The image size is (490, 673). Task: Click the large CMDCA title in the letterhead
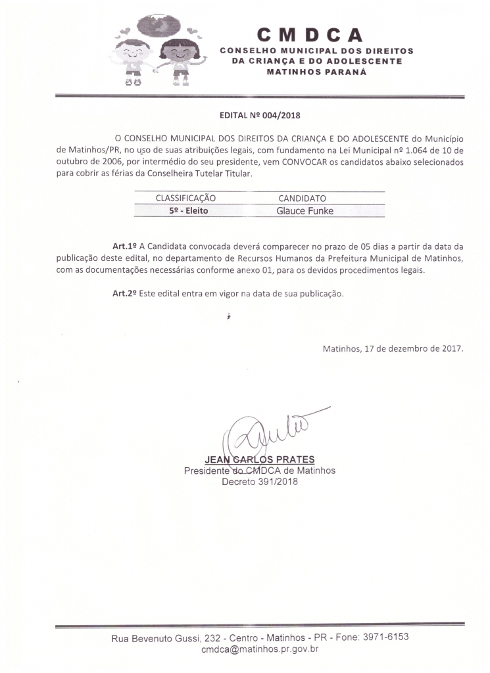[x=310, y=34]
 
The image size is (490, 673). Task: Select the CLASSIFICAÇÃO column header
[x=185, y=198]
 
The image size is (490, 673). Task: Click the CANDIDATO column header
[x=303, y=198]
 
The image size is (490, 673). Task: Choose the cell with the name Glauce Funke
[x=305, y=211]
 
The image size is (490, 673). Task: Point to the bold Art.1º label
[x=124, y=246]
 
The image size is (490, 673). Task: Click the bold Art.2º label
[x=124, y=293]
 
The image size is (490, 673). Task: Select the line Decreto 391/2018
[x=260, y=482]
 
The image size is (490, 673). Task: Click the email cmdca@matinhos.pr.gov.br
[x=260, y=649]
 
